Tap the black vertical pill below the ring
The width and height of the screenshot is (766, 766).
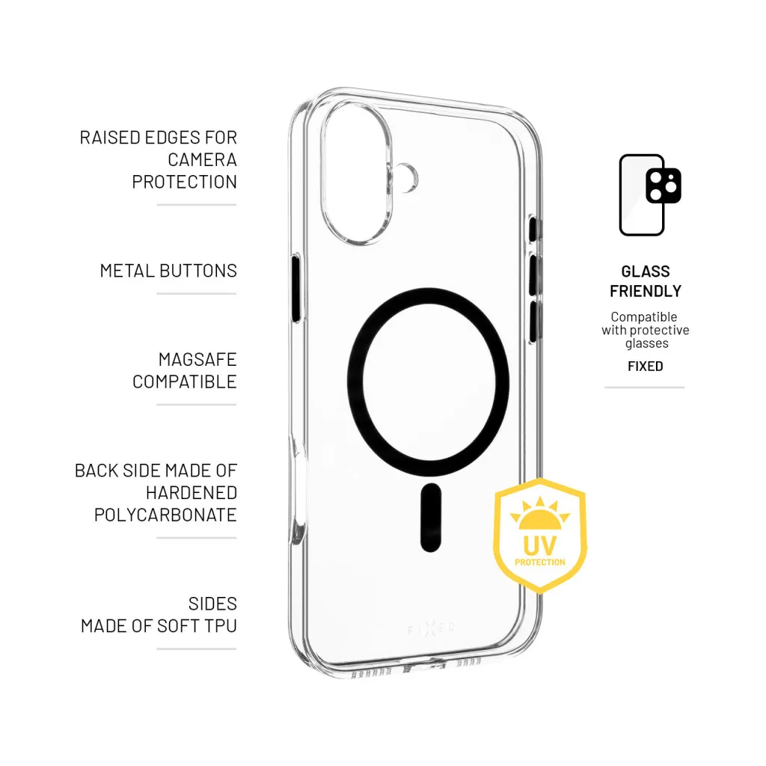tap(430, 518)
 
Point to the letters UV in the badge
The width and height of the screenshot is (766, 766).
tap(539, 544)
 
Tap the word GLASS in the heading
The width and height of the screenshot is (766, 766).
tap(646, 272)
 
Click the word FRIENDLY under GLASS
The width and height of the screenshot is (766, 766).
tap(646, 291)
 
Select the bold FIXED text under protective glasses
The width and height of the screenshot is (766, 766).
tap(645, 366)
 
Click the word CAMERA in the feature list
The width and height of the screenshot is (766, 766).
tap(202, 159)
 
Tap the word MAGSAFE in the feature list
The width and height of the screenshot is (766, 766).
tap(197, 360)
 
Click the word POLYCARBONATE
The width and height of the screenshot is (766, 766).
tap(165, 515)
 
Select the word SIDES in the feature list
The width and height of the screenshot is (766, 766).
tap(212, 604)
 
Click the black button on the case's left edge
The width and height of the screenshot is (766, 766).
tap(295, 289)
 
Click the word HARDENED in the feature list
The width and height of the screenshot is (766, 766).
tap(191, 493)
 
